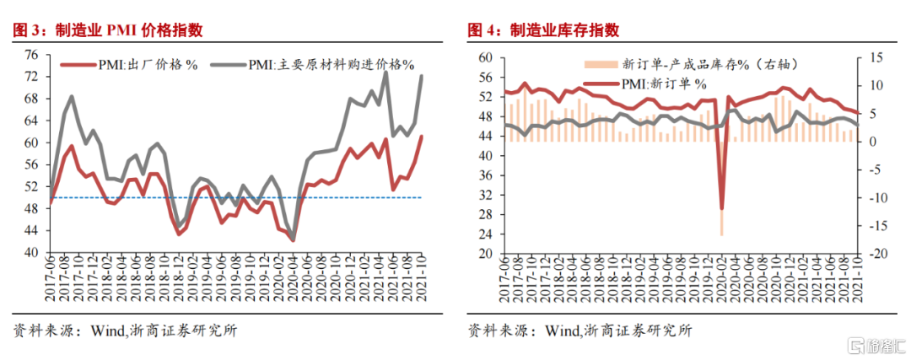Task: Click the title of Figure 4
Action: pyautogui.click(x=543, y=31)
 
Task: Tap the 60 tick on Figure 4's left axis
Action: pyautogui.click(x=484, y=57)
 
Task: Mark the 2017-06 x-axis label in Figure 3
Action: pyautogui.click(x=51, y=279)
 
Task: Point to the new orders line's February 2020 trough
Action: pyautogui.click(x=721, y=208)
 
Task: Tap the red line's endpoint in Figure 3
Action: pyautogui.click(x=421, y=137)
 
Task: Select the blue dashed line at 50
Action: pyautogui.click(x=236, y=198)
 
